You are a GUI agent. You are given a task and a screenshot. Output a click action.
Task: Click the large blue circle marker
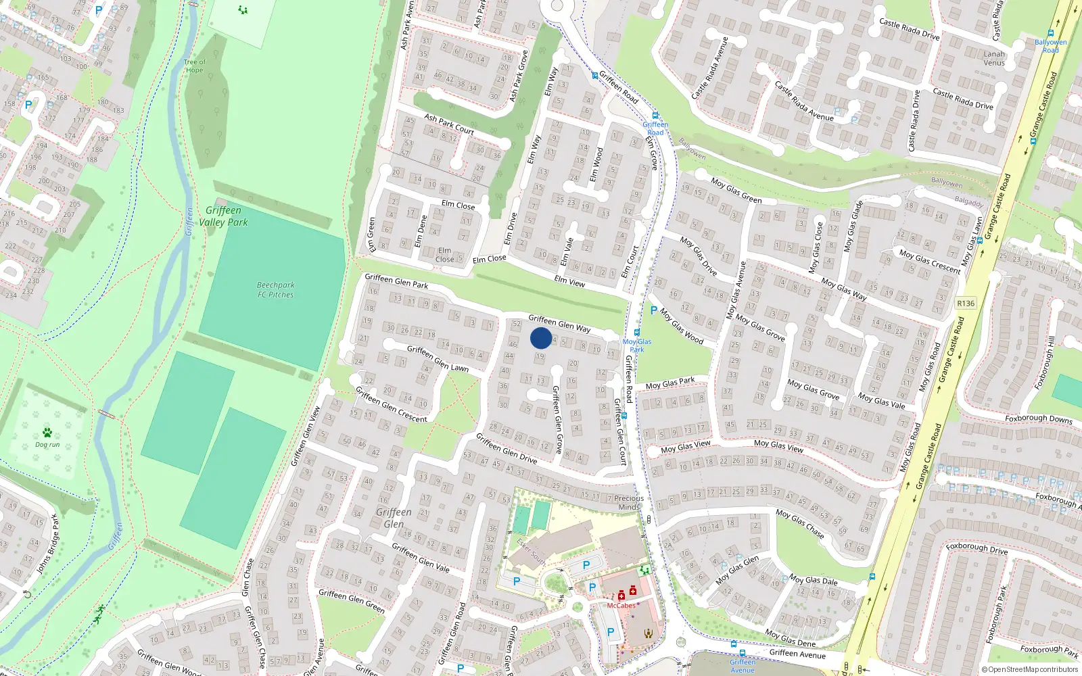coord(541,338)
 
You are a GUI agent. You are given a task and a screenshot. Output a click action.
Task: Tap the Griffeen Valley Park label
coord(223,216)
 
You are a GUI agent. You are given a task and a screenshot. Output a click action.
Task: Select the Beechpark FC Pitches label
coord(275,290)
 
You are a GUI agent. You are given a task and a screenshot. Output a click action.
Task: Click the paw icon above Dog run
coord(47,433)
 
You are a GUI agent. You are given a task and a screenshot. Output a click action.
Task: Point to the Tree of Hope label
coord(194,66)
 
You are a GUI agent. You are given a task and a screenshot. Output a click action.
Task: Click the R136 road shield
coord(966,304)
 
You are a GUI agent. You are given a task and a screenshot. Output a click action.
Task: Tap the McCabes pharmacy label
coord(621,606)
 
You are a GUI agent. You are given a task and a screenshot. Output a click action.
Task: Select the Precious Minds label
coord(629,502)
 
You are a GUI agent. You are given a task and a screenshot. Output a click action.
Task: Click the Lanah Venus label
coord(994,58)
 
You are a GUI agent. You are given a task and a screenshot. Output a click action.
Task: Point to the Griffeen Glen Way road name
coord(559,323)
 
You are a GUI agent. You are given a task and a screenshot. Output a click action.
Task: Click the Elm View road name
coord(569,282)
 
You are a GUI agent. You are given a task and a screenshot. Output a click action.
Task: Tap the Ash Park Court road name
coord(449,124)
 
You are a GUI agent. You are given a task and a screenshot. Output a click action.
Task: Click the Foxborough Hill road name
coord(1045,362)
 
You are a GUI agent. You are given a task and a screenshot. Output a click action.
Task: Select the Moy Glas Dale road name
coord(814,579)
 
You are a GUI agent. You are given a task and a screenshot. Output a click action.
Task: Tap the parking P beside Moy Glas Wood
coord(653,311)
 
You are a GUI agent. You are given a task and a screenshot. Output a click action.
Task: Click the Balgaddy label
coord(968,202)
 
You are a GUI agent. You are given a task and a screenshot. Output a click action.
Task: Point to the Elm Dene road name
coord(421,231)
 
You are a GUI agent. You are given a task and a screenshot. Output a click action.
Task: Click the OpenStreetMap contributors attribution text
coord(1029,669)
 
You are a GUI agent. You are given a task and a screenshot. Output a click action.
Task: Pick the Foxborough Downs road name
coord(1038,418)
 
